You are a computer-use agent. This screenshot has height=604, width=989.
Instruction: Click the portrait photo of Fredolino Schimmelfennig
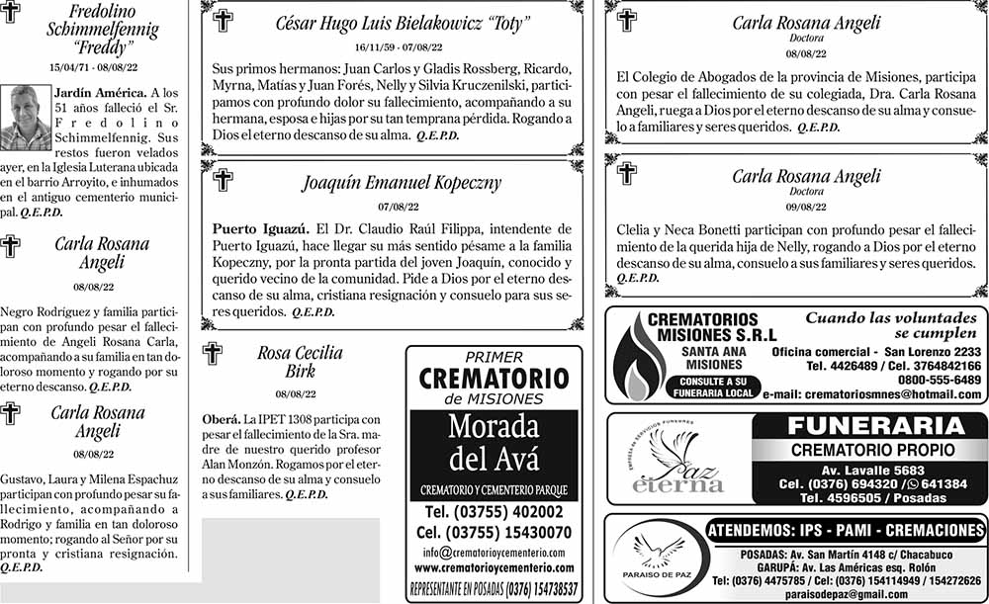coord(26,119)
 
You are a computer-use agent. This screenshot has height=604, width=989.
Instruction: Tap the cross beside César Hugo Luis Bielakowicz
coord(224,21)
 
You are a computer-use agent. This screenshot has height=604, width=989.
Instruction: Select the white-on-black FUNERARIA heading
coord(870,427)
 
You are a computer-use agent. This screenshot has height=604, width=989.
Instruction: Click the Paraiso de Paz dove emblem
coord(656,555)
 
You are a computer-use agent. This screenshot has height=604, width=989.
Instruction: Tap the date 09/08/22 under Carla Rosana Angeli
coord(805,208)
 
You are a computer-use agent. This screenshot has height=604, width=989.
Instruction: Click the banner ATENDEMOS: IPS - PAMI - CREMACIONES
coord(846,531)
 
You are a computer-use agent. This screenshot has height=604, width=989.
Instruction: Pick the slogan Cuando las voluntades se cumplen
coord(889,326)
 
